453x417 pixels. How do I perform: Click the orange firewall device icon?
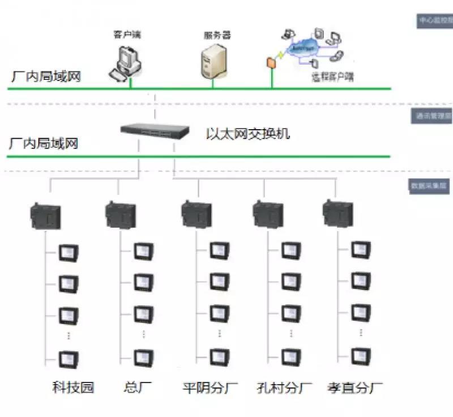coord(271,62)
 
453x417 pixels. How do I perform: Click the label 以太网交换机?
coord(248,134)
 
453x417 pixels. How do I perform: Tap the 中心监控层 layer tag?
coord(434,21)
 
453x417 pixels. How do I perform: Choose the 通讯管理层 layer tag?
coord(434,116)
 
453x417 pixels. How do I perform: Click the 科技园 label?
coord(72,388)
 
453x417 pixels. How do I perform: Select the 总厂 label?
coord(138,388)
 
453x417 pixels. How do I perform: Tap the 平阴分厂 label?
coord(210,388)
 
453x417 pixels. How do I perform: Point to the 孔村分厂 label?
coord(284,388)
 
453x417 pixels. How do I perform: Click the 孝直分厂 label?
coord(355,388)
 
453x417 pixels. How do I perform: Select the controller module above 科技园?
coord(45,215)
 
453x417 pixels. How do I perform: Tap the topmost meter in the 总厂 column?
coord(143,251)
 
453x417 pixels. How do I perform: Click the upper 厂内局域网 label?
coord(45,75)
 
